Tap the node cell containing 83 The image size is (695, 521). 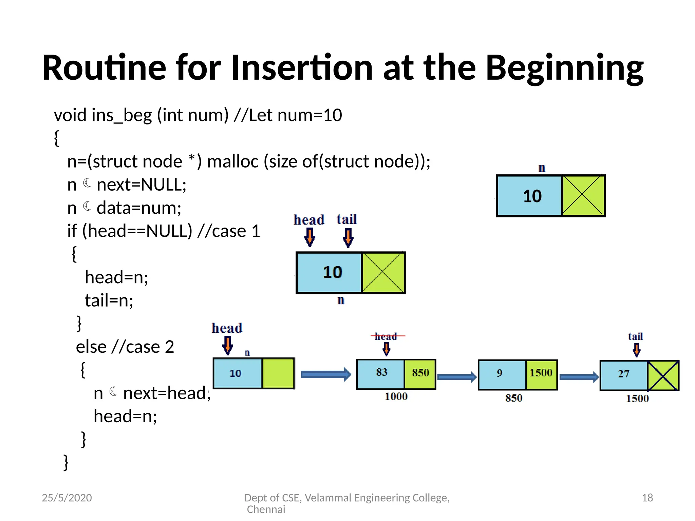coord(381,374)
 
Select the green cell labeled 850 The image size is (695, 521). coord(420,374)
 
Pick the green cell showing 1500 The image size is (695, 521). coord(541,374)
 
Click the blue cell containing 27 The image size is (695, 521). coord(624,375)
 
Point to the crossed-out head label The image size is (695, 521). coord(386,336)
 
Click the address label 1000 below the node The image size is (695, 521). coord(396,397)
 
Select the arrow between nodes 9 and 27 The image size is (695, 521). coord(579,377)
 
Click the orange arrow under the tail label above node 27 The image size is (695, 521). coord(637,350)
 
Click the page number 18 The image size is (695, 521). coord(647,498)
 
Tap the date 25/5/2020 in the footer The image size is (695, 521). coord(67,498)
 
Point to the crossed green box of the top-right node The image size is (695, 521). coord(583,195)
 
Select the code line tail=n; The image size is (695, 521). coord(109,301)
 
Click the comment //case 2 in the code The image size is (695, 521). coord(143,347)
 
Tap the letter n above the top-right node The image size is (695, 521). coord(542,168)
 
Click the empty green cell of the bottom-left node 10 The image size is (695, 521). coord(278,373)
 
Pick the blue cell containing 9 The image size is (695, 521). coord(502,374)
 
